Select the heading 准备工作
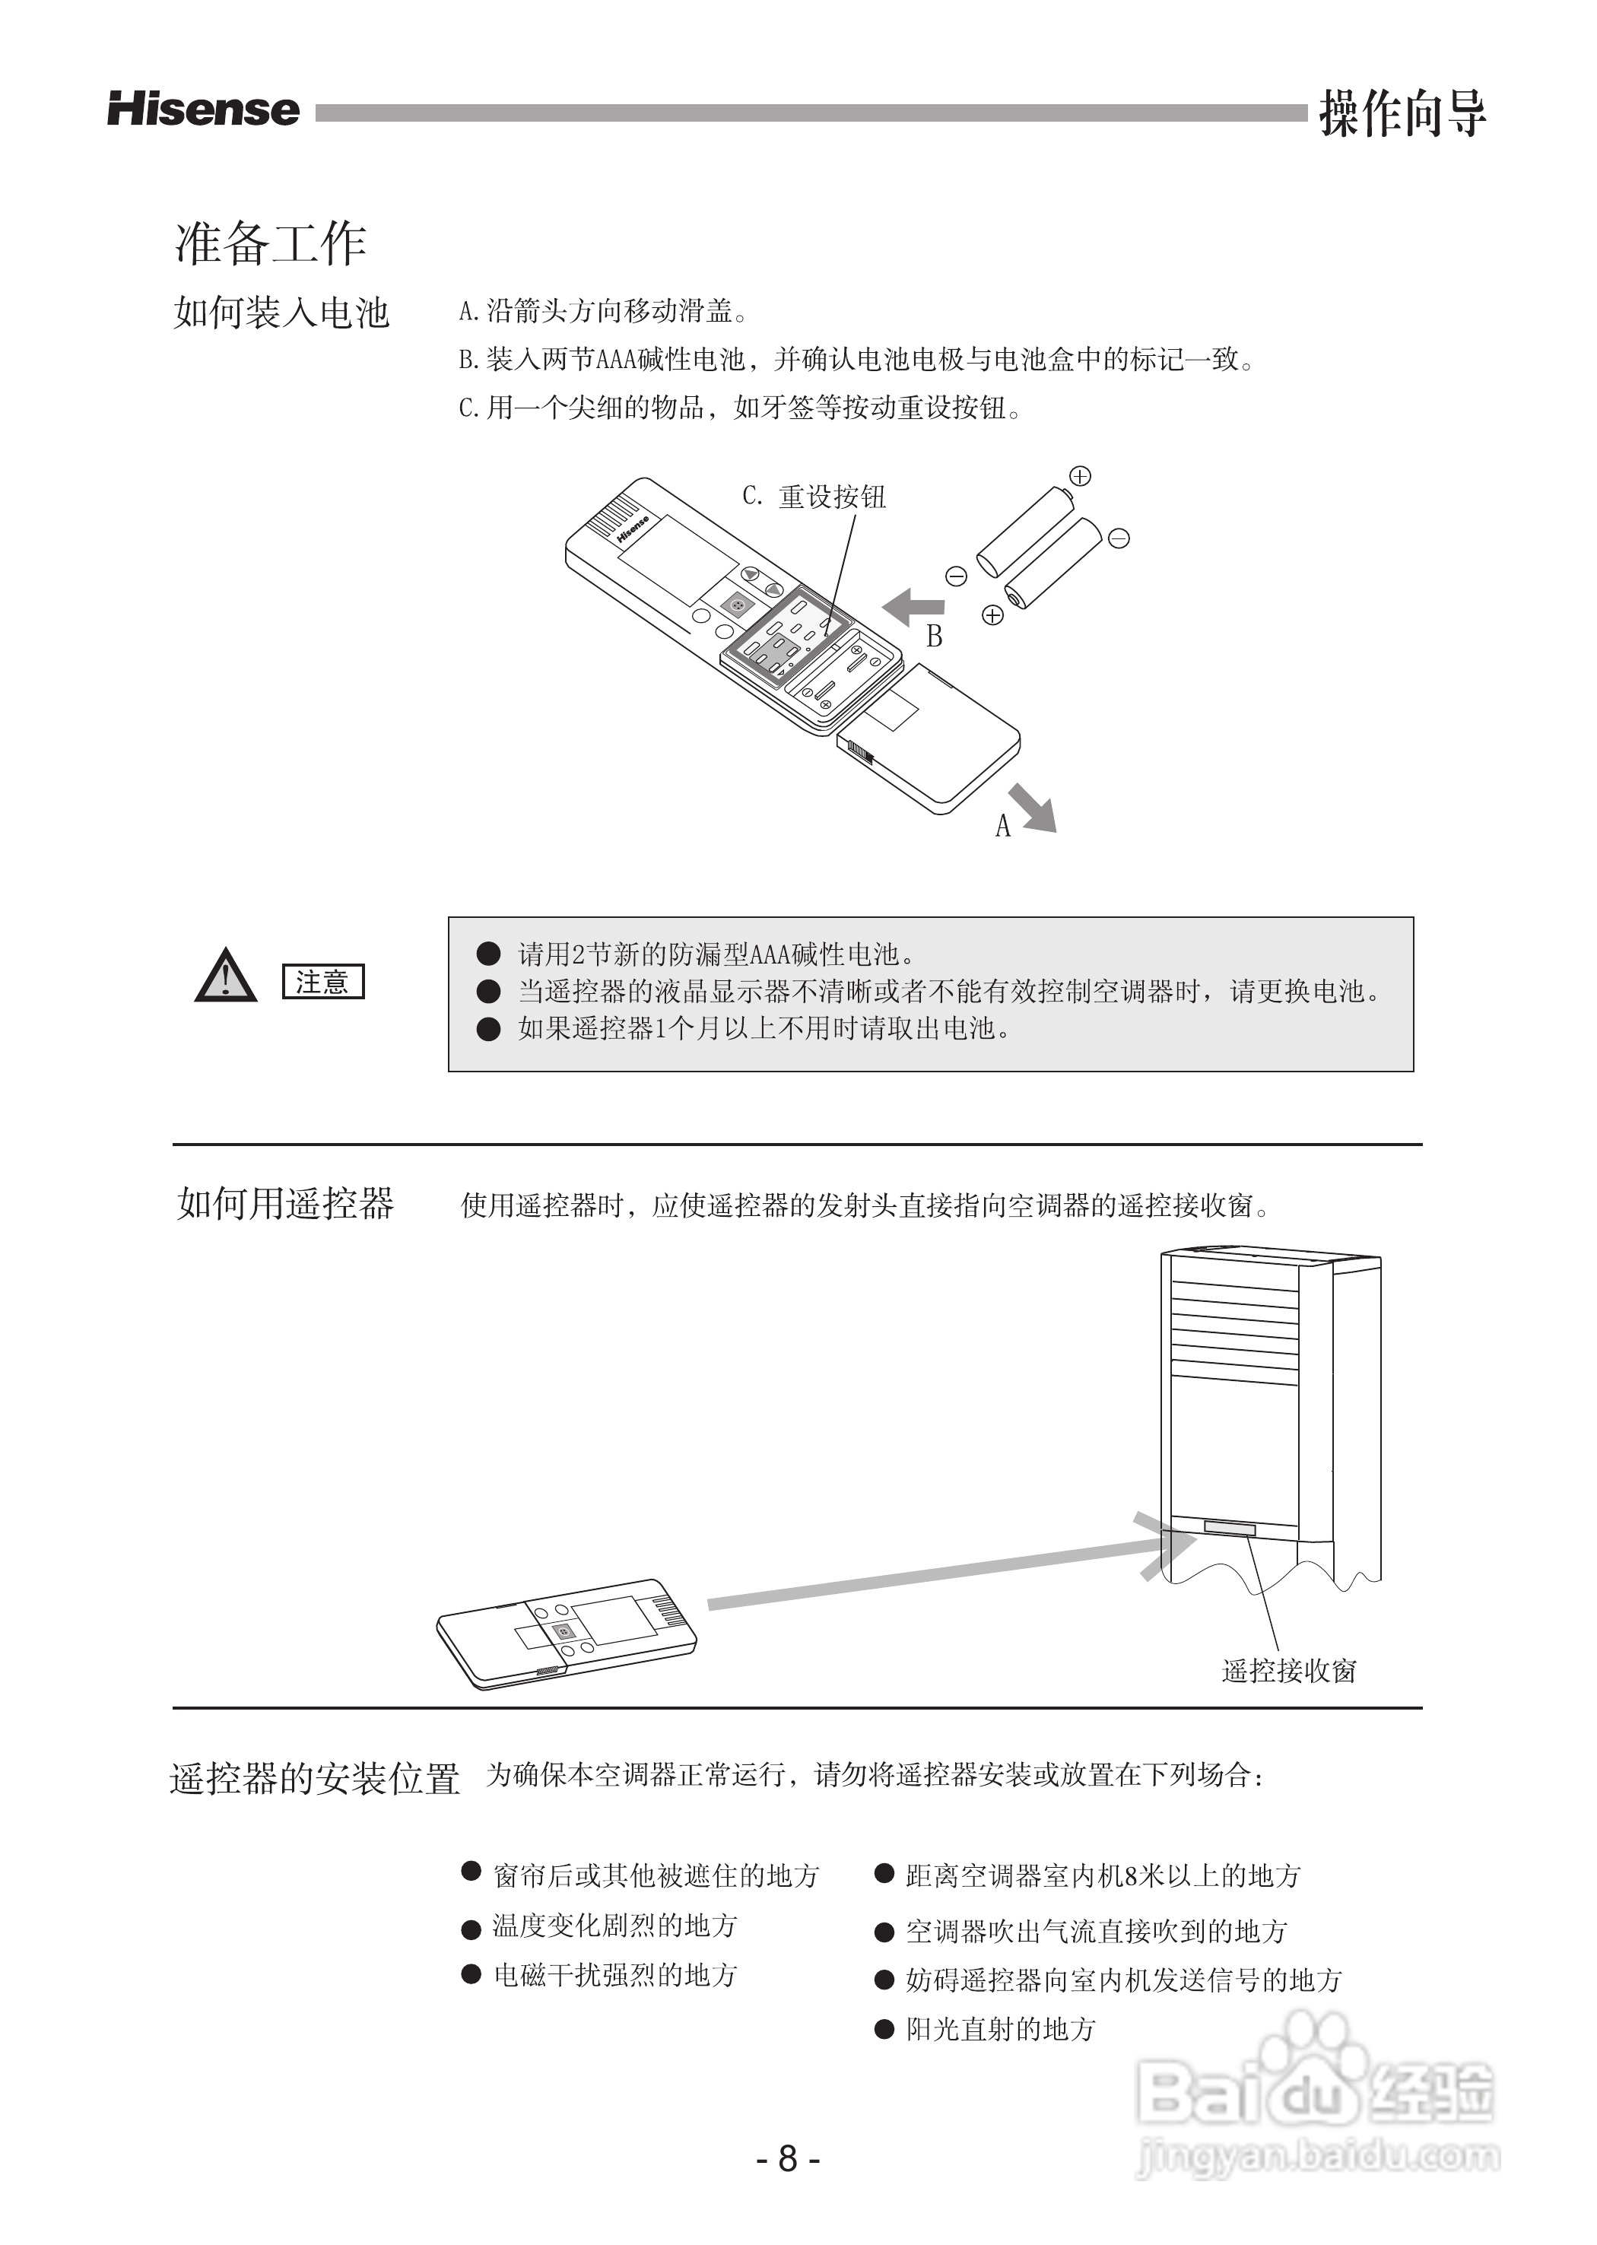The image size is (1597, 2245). click(x=271, y=243)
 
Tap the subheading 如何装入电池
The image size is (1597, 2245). click(x=282, y=313)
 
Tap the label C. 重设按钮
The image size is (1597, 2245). click(x=814, y=497)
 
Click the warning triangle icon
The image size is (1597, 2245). click(x=225, y=976)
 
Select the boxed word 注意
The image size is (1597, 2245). click(x=322, y=981)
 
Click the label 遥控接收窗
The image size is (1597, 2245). click(x=1288, y=1671)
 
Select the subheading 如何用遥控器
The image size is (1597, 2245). click(x=285, y=1204)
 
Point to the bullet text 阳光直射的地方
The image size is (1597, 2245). click(x=1000, y=2029)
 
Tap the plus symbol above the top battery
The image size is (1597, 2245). click(x=1080, y=477)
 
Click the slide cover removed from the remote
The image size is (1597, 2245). click(x=929, y=738)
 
